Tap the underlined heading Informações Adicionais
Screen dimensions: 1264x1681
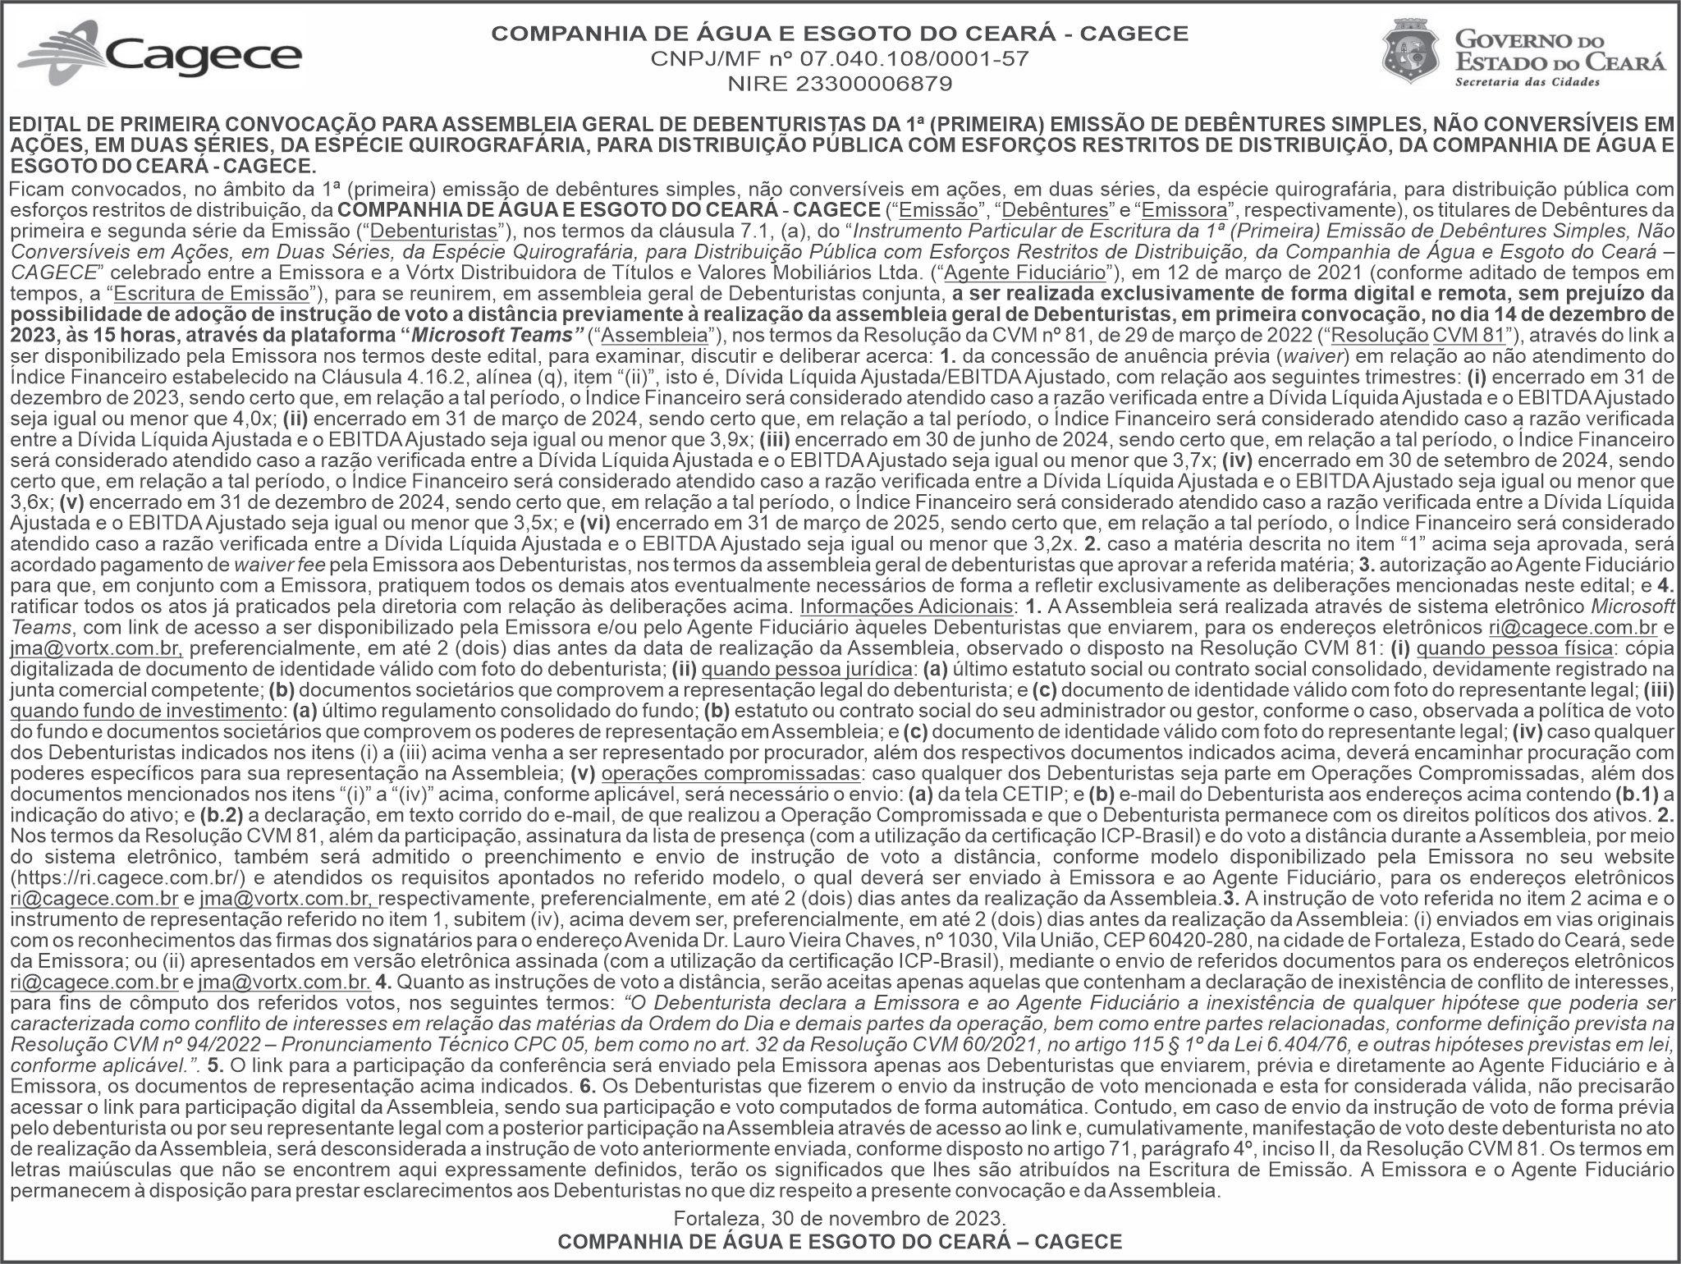pyautogui.click(x=905, y=607)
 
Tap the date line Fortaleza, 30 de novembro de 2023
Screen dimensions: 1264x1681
pyautogui.click(x=839, y=1217)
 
